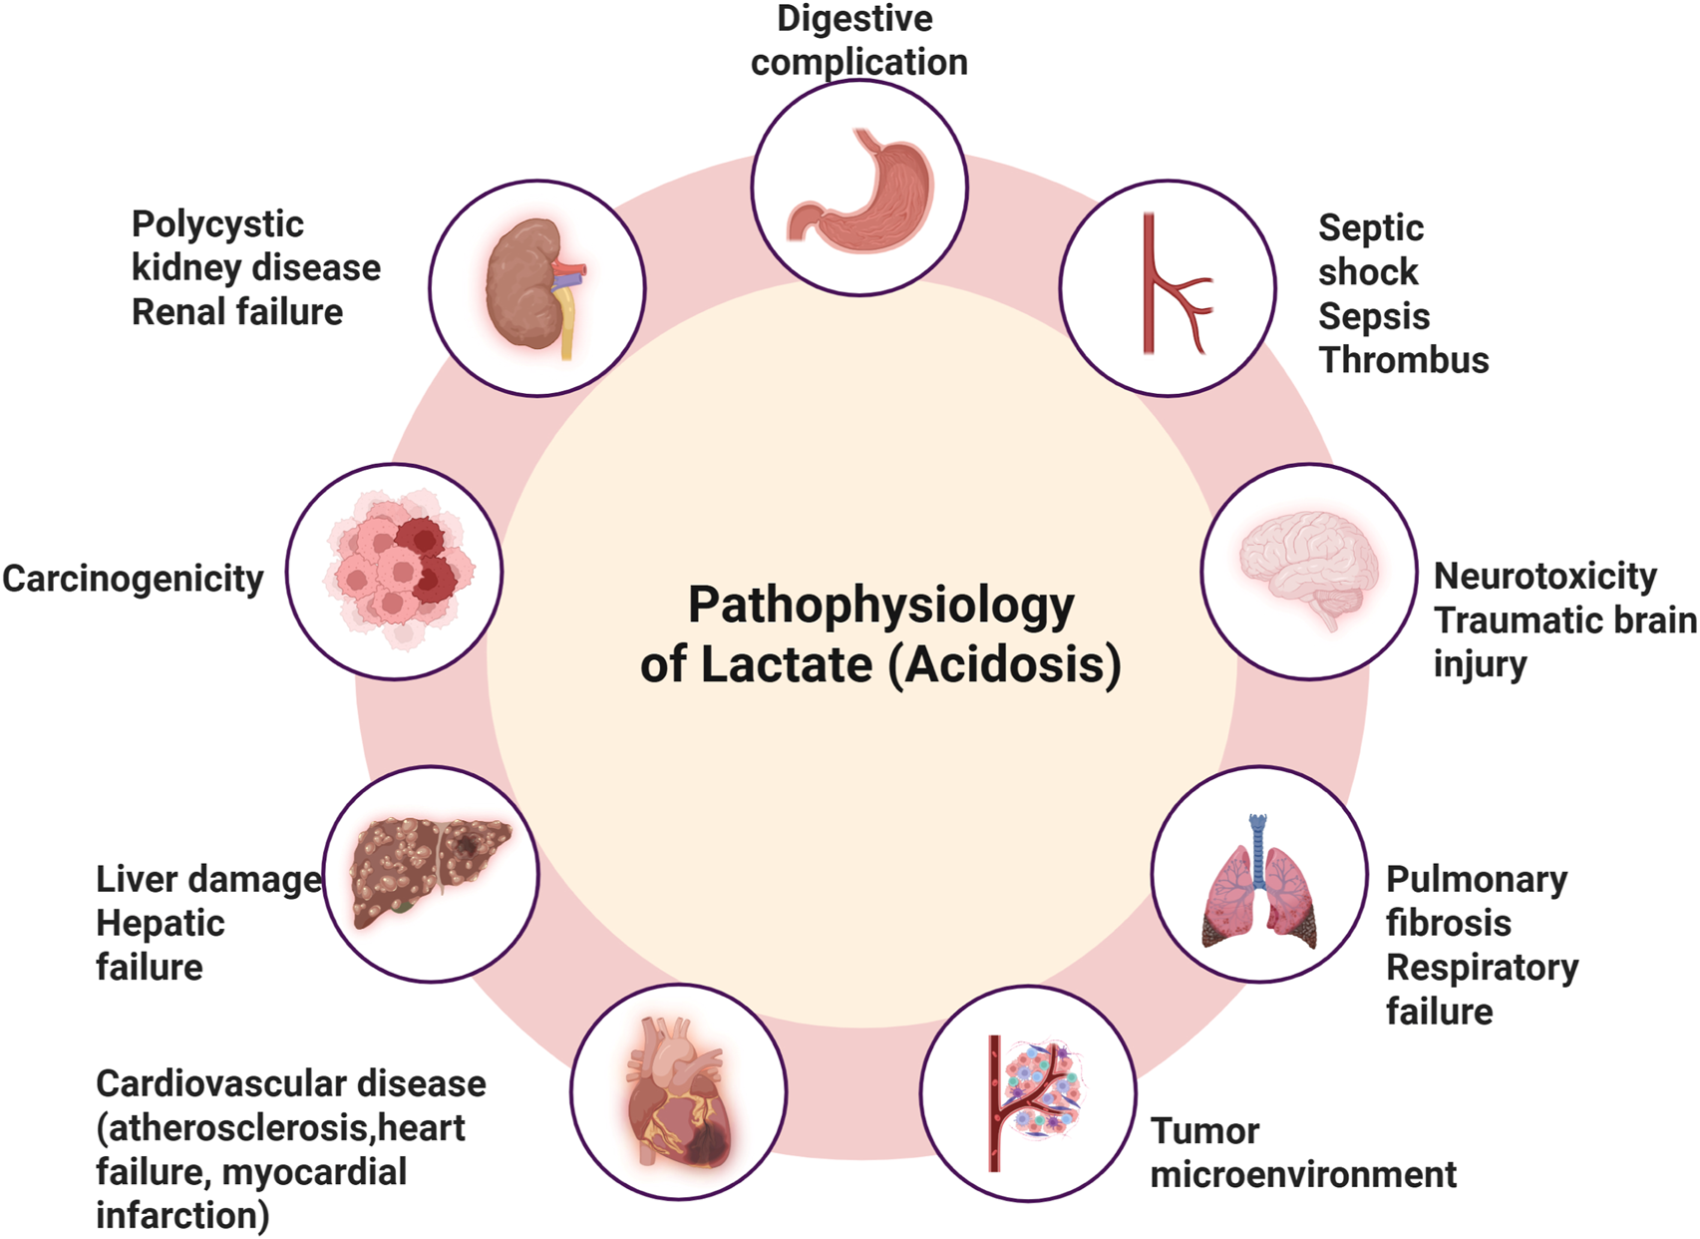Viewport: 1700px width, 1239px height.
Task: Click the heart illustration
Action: tap(678, 1092)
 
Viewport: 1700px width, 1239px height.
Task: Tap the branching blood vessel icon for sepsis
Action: tap(1172, 285)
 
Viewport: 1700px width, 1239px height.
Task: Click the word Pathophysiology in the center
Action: tap(881, 606)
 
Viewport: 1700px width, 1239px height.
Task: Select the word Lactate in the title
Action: tap(787, 665)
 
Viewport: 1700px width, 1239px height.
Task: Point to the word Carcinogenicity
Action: tap(133, 579)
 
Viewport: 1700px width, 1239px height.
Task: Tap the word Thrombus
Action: tap(1403, 360)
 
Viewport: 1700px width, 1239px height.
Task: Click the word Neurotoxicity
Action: tap(1544, 576)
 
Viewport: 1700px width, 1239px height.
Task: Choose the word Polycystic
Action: tap(217, 225)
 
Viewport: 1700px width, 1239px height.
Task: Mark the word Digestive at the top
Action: tap(854, 18)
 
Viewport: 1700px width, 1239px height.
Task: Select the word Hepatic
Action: tap(161, 924)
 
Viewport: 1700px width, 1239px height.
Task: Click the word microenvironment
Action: tap(1303, 1175)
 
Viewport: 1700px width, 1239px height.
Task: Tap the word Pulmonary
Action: tap(1477, 880)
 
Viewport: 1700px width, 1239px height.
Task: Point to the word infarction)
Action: tap(182, 1216)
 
